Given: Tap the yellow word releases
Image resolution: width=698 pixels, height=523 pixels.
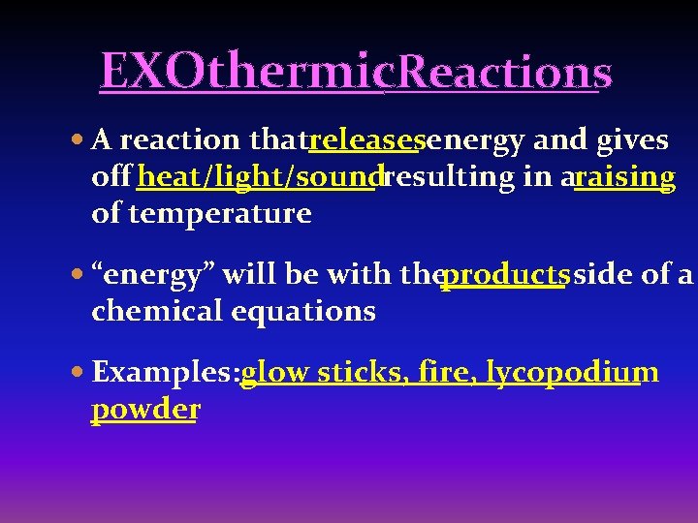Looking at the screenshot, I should (x=365, y=141).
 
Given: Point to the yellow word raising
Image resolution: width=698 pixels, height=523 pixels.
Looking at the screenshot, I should (x=625, y=177).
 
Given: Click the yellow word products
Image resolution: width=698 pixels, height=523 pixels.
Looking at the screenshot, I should (x=505, y=275).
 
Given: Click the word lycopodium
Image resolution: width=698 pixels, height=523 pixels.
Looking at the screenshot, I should (x=573, y=373).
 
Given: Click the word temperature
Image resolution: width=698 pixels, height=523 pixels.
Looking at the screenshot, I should (x=202, y=213).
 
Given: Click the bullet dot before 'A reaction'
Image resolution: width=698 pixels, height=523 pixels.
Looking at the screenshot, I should (x=79, y=141).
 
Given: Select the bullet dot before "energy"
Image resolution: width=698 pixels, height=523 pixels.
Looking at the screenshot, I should (x=79, y=276).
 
